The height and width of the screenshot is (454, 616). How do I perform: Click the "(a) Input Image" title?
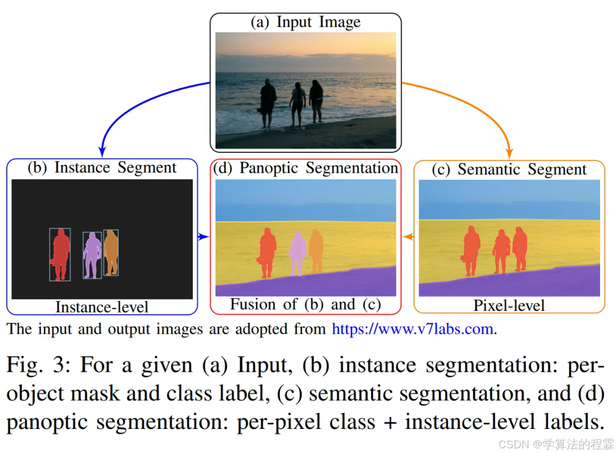[x=306, y=22]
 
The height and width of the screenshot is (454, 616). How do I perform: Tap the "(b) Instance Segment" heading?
[x=102, y=168]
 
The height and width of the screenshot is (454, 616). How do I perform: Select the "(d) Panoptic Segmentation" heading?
[x=305, y=168]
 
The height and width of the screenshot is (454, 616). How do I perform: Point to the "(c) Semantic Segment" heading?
[x=509, y=169]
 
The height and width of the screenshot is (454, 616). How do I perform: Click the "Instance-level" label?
[x=102, y=307]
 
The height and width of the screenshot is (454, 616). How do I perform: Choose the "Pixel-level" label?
[x=509, y=306]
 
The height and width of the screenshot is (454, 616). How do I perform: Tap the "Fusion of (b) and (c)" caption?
[x=305, y=305]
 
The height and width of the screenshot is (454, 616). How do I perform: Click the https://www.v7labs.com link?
[x=412, y=330]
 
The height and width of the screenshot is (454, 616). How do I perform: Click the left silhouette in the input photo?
[x=268, y=103]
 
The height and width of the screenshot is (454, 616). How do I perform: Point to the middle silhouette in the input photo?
[x=297, y=104]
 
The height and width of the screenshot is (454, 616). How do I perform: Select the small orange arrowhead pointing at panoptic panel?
[x=408, y=236]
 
